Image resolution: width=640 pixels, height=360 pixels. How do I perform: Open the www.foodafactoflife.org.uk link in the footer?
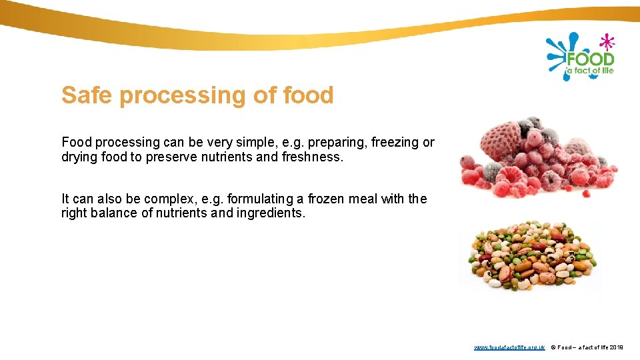tap(509, 347)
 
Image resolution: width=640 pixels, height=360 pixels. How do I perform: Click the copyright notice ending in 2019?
tap(587, 347)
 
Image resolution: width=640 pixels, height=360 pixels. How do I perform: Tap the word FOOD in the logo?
tap(589, 58)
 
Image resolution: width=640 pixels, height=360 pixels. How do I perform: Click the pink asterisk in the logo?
tap(606, 41)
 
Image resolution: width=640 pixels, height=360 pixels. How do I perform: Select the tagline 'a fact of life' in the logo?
tap(589, 70)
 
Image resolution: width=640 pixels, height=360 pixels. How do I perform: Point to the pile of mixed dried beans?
tap(530, 257)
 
